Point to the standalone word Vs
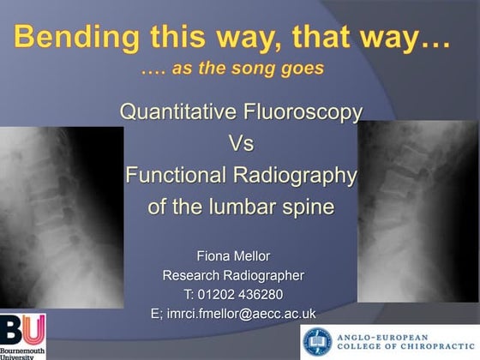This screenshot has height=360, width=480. (240, 143)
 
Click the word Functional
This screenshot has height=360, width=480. (177, 175)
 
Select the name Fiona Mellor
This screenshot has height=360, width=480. (239, 255)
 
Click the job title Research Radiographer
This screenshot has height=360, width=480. (239, 275)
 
